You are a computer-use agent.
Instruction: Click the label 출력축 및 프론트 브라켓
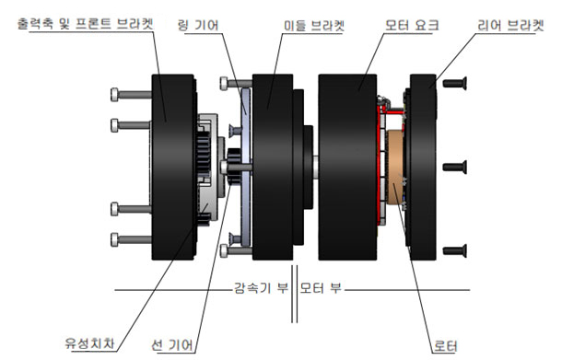pos(86,24)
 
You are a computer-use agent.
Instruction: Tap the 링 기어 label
pos(198,26)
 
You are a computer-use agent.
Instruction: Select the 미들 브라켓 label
pos(314,26)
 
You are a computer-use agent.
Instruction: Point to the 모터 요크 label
pos(412,26)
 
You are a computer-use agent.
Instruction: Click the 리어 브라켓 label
pos(510,26)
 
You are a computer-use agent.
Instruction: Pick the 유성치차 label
pos(89,343)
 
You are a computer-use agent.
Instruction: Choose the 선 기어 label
pos(173,345)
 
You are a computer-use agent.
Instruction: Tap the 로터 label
pos(445,346)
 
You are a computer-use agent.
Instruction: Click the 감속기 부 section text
pos(261,288)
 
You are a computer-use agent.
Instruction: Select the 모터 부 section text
pos(321,288)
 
